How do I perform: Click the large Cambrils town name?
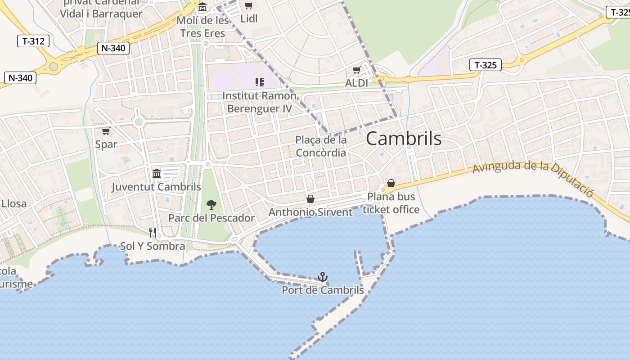point(404,139)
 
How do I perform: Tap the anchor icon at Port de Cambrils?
point(322,277)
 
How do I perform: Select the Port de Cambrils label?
point(323,290)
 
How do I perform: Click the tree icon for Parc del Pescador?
point(211,205)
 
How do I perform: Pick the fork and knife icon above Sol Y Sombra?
point(153,233)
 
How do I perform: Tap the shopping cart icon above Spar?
point(106,131)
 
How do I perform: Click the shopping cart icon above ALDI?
point(357,70)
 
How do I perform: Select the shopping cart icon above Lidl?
point(248,6)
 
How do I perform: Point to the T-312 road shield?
point(33,41)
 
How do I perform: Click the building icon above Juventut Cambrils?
point(157,173)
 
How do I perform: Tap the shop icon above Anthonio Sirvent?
point(310,198)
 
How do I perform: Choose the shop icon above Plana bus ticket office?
point(391,183)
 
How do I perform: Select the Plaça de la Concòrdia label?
point(321,146)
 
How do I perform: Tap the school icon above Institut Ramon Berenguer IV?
point(259,82)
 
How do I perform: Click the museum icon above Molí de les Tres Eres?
point(202,7)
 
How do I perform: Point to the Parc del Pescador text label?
point(211,218)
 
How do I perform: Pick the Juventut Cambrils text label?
point(156,187)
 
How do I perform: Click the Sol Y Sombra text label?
point(153,246)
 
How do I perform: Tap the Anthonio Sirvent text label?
point(310,212)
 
